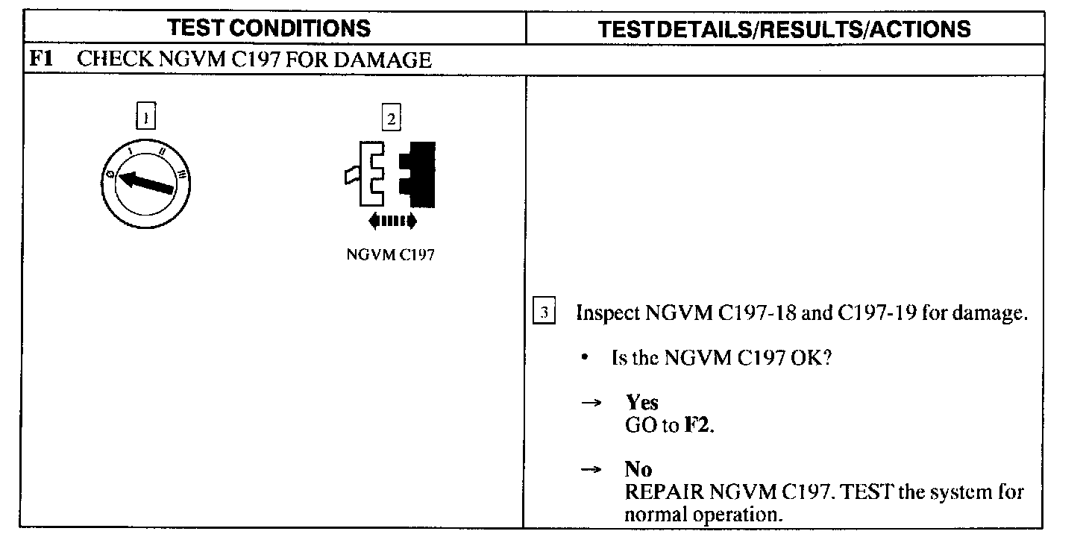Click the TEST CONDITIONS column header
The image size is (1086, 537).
pos(269,28)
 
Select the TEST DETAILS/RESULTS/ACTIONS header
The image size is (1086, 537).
pos(785,29)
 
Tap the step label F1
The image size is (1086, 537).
pos(40,60)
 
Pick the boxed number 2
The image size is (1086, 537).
pos(390,118)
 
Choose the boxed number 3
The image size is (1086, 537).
pos(545,313)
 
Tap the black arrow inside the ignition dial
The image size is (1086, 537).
pos(147,183)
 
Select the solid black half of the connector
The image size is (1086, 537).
pos(419,173)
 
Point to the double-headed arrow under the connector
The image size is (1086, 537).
pos(392,221)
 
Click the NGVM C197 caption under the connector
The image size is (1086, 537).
pos(391,254)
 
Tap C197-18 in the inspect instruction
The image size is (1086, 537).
pos(756,313)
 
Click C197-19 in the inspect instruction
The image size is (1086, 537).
pos(877,313)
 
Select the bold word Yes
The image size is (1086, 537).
pos(641,403)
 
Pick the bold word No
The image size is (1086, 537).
pos(638,470)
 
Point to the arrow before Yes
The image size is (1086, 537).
pos(591,403)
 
